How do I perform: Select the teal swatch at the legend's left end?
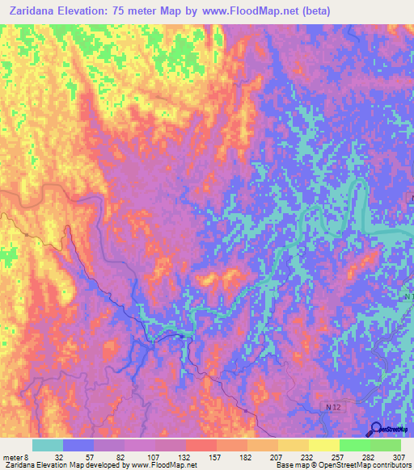click(x=47, y=445)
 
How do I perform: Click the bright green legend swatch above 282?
click(x=354, y=445)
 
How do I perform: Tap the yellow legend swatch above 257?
click(x=323, y=445)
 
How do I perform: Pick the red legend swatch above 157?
click(x=201, y=445)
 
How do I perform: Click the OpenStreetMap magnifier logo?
click(x=376, y=430)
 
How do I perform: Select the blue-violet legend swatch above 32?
click(x=78, y=445)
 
